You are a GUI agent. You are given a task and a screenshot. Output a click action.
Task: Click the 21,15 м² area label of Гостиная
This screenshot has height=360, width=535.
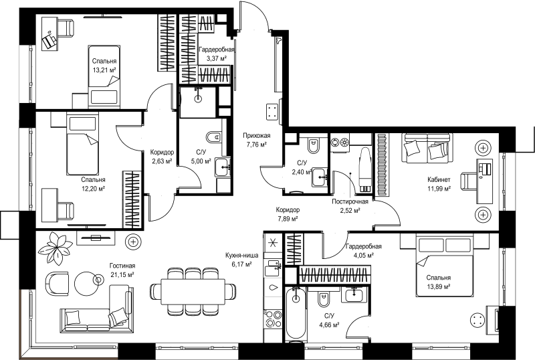122,274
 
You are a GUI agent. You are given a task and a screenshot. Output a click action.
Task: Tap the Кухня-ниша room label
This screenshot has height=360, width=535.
241,255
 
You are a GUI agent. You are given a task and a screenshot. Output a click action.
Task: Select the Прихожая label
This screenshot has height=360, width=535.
257,136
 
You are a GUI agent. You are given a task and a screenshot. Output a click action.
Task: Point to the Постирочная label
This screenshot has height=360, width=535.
350,201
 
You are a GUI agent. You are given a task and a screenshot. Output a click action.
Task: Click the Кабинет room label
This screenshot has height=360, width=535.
439,179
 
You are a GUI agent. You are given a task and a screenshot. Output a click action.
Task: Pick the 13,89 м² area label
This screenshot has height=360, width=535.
439,286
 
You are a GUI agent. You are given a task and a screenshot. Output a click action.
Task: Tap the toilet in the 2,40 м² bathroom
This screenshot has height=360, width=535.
313,146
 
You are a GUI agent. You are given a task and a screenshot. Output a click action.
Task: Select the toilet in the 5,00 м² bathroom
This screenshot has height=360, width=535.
214,137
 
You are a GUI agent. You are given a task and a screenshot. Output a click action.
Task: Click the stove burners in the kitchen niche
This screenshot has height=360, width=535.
273,319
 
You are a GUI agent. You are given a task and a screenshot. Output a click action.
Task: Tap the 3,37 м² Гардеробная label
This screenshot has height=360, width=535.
217,54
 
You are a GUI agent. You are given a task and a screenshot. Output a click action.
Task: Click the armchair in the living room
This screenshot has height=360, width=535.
57,283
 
